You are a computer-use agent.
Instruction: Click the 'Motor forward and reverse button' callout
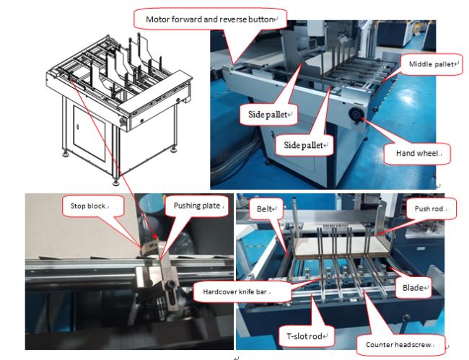click(210, 19)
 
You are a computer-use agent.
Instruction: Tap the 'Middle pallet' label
click(431, 64)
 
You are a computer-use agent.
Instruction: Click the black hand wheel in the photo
click(356, 115)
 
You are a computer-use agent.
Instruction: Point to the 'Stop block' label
click(88, 206)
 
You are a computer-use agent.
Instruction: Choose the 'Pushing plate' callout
click(197, 206)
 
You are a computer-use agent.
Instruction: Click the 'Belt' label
click(264, 208)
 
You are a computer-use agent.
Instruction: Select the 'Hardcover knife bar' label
click(235, 291)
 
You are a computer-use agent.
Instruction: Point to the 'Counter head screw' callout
click(398, 345)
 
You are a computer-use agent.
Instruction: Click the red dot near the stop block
click(154, 237)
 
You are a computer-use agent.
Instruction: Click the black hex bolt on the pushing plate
click(170, 284)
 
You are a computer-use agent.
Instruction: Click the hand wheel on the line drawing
click(123, 121)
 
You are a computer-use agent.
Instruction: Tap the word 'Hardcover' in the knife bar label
click(218, 291)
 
